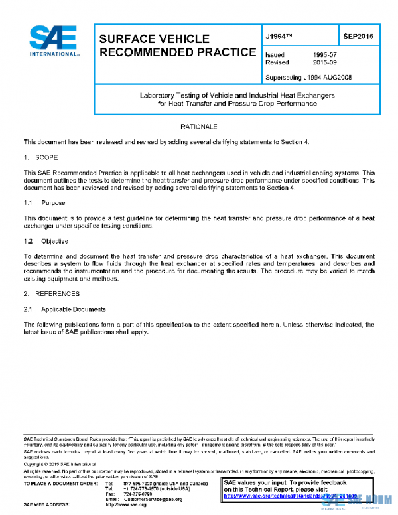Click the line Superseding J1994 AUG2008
click(308, 77)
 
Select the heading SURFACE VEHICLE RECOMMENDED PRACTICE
click(176, 45)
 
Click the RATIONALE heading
click(199, 126)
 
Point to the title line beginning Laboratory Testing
click(237, 96)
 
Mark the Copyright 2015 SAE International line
click(64, 464)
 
